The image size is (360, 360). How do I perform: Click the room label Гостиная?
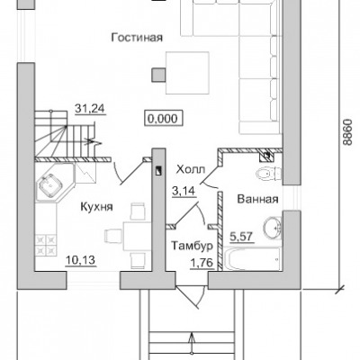click(x=137, y=38)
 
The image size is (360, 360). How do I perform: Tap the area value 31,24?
click(x=90, y=108)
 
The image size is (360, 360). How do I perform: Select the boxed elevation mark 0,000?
click(x=164, y=119)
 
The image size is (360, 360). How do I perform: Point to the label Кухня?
click(x=96, y=207)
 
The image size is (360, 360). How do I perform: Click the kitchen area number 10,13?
click(x=81, y=260)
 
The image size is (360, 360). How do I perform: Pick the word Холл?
click(x=191, y=170)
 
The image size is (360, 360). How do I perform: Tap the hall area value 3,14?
click(x=184, y=191)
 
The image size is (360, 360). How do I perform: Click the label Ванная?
click(x=257, y=199)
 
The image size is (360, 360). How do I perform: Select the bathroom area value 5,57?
click(x=242, y=237)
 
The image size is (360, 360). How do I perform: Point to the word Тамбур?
click(x=192, y=246)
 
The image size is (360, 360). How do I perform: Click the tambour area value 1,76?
click(x=202, y=263)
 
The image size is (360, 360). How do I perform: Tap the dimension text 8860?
click(x=346, y=132)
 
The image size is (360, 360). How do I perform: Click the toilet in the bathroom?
click(x=269, y=174)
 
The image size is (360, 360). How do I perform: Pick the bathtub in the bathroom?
click(x=252, y=258)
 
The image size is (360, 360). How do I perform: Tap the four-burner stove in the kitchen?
click(x=46, y=245)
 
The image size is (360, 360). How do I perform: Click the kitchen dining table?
click(x=137, y=236)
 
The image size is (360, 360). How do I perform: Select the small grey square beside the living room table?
click(x=158, y=75)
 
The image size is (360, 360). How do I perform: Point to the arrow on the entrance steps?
click(x=193, y=345)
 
